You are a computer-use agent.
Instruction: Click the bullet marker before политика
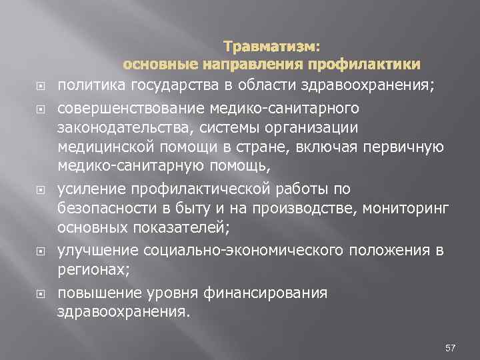click(39, 85)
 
